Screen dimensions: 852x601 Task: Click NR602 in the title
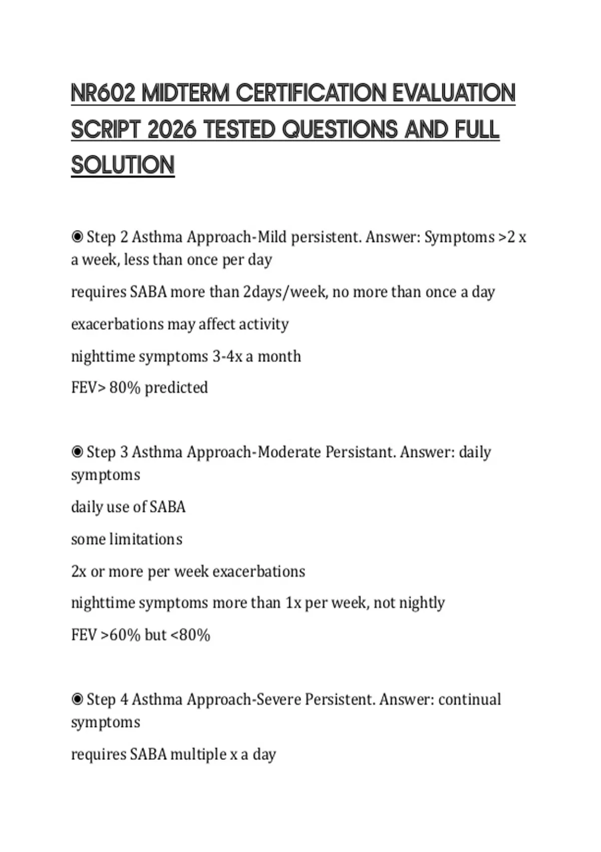coord(103,94)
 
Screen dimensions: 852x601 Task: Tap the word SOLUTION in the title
coord(123,165)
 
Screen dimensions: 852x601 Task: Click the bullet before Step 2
coord(77,237)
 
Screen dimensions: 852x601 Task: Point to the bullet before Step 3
coord(77,452)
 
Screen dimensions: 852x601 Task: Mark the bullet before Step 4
coord(77,699)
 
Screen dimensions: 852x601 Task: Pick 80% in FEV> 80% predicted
coord(124,387)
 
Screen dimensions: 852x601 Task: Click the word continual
coord(469,699)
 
